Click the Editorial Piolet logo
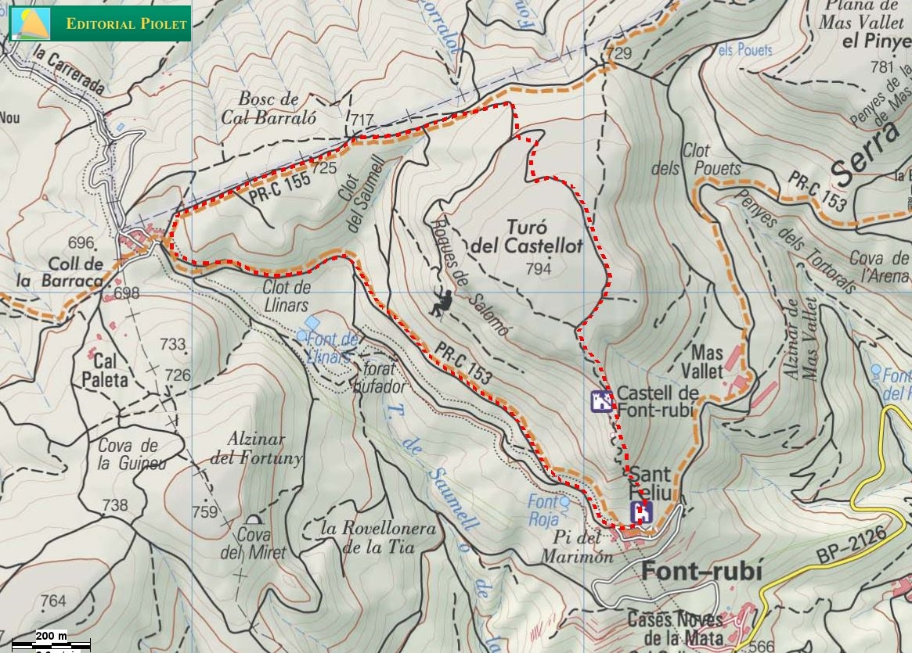click(99, 23)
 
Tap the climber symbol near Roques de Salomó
click(441, 302)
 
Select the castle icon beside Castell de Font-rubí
click(601, 401)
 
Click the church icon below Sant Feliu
click(642, 512)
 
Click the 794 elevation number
click(539, 269)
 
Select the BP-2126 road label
click(849, 545)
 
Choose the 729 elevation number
click(618, 53)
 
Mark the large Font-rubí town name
click(701, 572)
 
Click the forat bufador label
click(383, 377)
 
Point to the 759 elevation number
click(204, 512)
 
